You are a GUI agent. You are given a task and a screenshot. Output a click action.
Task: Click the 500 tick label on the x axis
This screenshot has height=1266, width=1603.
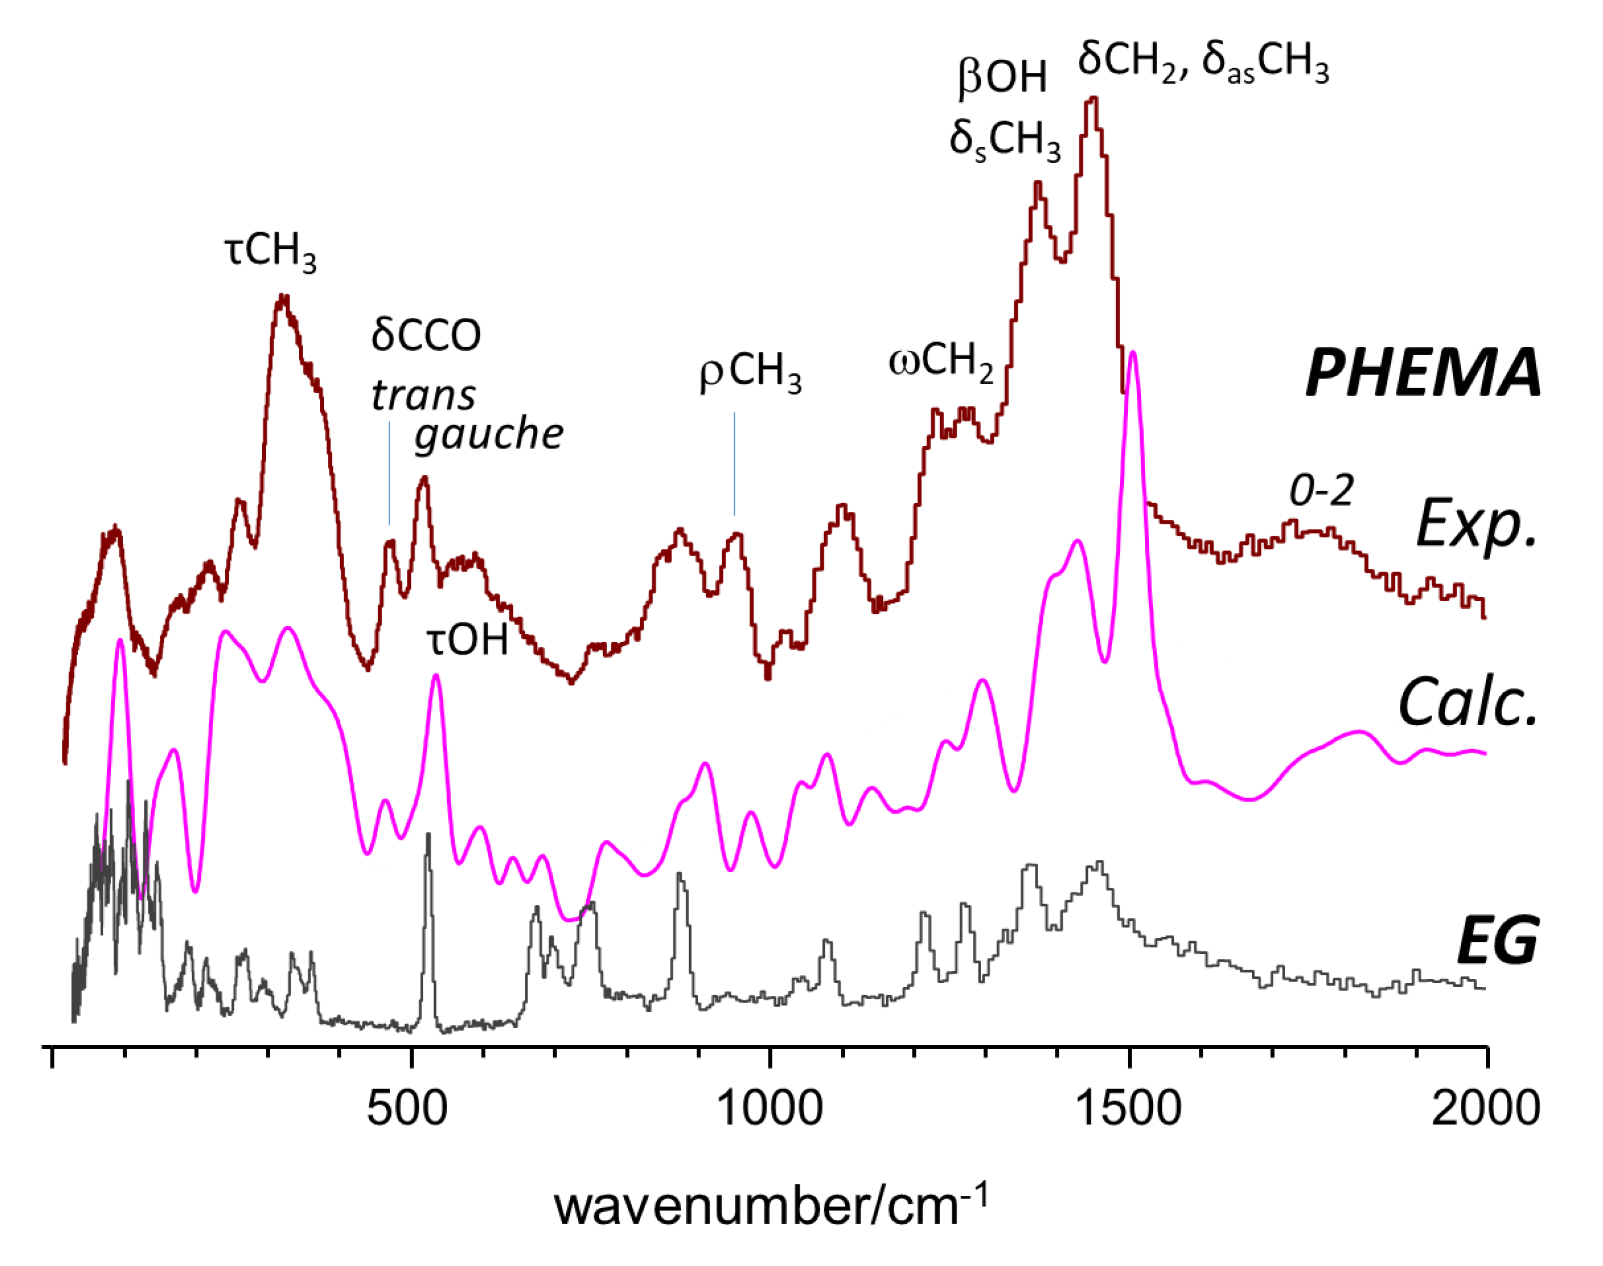(x=407, y=1109)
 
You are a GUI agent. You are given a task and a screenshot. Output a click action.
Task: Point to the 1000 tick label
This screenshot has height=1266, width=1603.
(x=770, y=1109)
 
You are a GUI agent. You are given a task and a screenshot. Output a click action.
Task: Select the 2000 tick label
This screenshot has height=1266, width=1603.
(x=1485, y=1109)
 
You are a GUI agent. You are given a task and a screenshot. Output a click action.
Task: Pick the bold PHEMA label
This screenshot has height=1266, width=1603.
(x=1422, y=374)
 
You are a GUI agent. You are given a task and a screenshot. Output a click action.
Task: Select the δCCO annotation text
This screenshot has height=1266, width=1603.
(x=426, y=335)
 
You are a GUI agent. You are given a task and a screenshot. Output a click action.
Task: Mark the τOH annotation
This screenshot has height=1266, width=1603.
(x=467, y=640)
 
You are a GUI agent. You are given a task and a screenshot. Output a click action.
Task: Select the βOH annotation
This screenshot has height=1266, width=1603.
(x=1002, y=77)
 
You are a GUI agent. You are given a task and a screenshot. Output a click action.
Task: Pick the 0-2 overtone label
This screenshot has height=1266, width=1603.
(x=1321, y=490)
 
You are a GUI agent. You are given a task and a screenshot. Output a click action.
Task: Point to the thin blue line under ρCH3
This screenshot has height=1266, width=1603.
(x=734, y=463)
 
